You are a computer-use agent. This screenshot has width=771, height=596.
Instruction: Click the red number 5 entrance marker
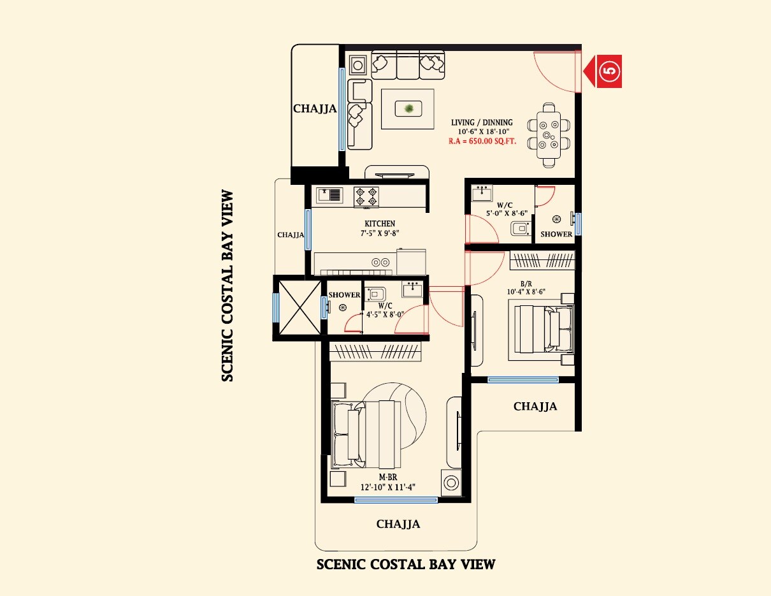pos(609,71)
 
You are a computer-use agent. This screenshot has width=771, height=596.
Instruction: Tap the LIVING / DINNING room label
pos(482,123)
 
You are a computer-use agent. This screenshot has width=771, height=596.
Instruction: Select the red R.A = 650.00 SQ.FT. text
pos(482,142)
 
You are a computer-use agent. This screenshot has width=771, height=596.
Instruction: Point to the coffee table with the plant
pos(408,109)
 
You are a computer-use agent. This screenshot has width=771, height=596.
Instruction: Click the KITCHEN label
pos(380,224)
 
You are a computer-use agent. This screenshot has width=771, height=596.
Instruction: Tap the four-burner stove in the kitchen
pos(366,196)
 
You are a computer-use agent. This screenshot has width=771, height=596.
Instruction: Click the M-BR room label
pos(388,477)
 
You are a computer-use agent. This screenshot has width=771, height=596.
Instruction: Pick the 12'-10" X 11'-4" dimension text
pos(388,488)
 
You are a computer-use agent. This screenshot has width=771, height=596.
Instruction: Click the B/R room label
pos(526,284)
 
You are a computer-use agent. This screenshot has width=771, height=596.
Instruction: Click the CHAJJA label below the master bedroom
pos(398,524)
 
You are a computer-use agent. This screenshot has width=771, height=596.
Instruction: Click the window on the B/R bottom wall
pos(522,380)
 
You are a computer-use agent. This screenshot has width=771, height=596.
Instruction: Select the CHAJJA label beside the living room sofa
pos(315,109)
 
